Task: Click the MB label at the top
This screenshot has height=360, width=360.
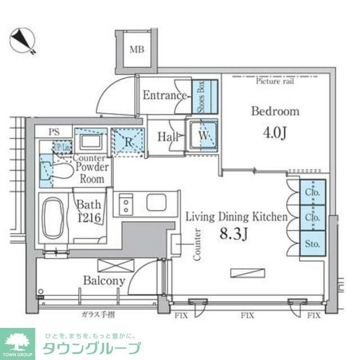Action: pos(137,49)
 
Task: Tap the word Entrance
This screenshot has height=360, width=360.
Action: pos(164,95)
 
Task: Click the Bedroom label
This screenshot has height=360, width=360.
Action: pos(274,111)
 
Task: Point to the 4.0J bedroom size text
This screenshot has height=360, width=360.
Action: pos(274,134)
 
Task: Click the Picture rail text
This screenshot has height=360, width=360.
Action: pos(274,81)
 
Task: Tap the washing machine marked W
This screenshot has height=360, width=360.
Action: pos(202,135)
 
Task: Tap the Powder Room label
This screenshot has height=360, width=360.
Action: pos(91,174)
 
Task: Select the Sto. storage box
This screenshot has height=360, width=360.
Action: pos(312,245)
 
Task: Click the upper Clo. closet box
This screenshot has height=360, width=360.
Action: pos(312,193)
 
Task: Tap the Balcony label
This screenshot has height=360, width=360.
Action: pos(104,280)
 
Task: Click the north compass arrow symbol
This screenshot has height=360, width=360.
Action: pos(22,40)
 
